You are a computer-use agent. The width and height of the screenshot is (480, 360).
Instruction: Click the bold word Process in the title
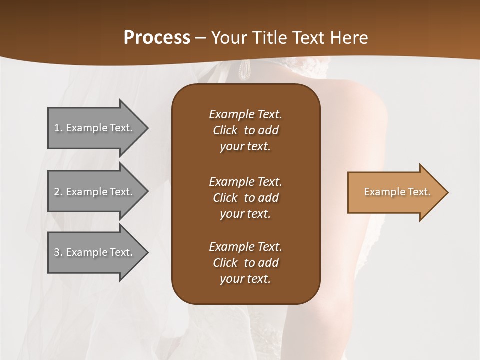pos(157,37)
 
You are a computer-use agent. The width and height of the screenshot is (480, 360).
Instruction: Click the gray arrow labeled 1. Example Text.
pos(95,128)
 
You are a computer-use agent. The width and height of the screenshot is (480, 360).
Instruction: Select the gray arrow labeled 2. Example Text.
pos(95,192)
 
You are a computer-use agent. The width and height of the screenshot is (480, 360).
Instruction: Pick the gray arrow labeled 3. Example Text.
pos(95,252)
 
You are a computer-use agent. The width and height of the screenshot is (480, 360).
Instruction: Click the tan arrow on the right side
pos(395,192)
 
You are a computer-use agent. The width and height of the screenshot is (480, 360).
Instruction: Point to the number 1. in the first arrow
pos(58,128)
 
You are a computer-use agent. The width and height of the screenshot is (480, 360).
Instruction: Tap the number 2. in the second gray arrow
pos(58,192)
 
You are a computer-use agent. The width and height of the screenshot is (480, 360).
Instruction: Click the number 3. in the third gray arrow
pos(58,252)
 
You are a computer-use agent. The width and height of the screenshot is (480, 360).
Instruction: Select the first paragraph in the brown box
pos(245,130)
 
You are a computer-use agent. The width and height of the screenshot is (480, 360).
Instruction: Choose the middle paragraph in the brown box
pos(245,198)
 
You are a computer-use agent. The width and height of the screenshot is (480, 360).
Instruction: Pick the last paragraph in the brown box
pos(245,263)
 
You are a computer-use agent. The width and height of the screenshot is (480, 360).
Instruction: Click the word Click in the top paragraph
pos(225,130)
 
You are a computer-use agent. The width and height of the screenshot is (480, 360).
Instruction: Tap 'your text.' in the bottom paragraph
pos(245,279)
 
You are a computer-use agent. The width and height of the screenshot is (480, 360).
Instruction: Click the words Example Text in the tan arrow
pos(397,192)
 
